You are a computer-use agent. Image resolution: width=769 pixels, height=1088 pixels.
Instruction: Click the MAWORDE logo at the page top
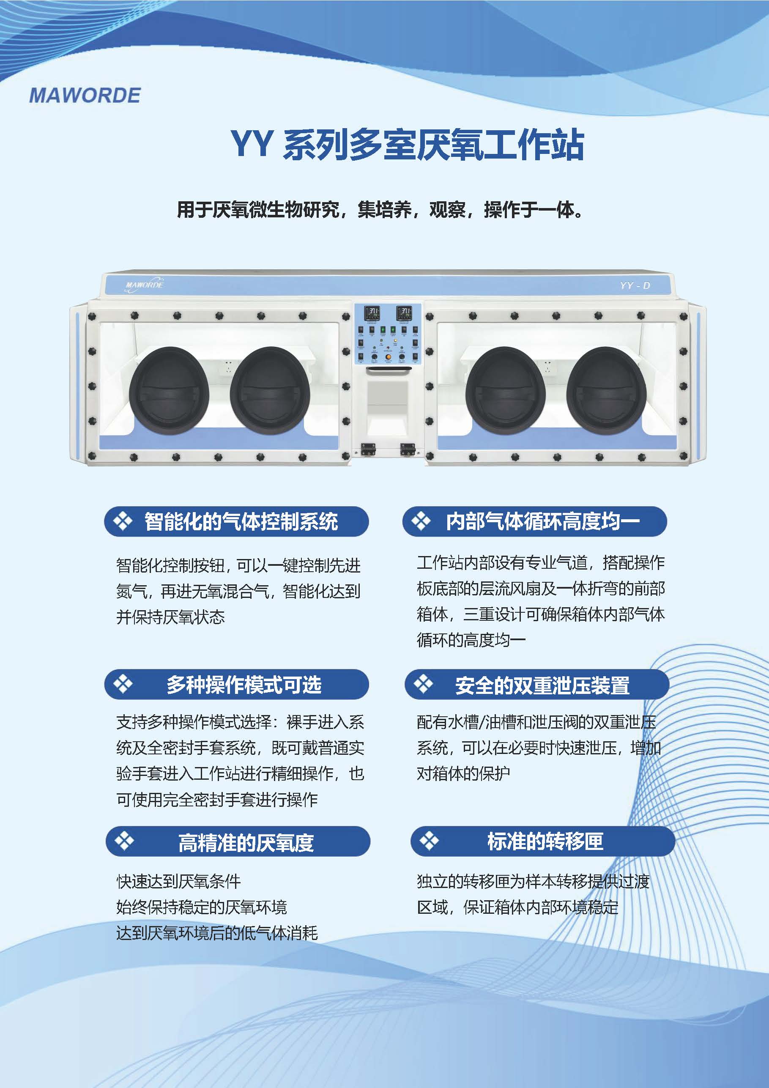[85, 95]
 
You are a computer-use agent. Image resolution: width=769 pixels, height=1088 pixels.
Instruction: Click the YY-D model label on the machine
[635, 285]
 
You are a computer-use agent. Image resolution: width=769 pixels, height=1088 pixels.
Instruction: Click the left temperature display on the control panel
[372, 313]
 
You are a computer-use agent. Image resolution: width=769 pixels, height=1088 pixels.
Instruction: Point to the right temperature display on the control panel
[404, 313]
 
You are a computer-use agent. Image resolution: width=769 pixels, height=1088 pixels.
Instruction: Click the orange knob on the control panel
[388, 357]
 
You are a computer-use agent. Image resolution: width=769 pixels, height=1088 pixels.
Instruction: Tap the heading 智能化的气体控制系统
[241, 522]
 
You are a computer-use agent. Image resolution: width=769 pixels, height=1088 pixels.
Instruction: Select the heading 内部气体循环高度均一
[543, 522]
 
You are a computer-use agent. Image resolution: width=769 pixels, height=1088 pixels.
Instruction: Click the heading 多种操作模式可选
[244, 685]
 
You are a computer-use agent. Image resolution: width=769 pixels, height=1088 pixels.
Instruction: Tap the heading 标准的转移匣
[545, 841]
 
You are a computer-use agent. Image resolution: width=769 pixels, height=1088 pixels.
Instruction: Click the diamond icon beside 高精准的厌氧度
[125, 841]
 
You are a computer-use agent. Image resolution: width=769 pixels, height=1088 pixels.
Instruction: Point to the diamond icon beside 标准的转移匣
[429, 841]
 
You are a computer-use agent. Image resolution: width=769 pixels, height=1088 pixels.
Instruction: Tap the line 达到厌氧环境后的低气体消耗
[217, 934]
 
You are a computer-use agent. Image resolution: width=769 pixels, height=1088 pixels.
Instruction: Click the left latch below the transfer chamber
[368, 449]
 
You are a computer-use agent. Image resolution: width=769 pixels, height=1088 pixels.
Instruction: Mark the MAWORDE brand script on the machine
[145, 285]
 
